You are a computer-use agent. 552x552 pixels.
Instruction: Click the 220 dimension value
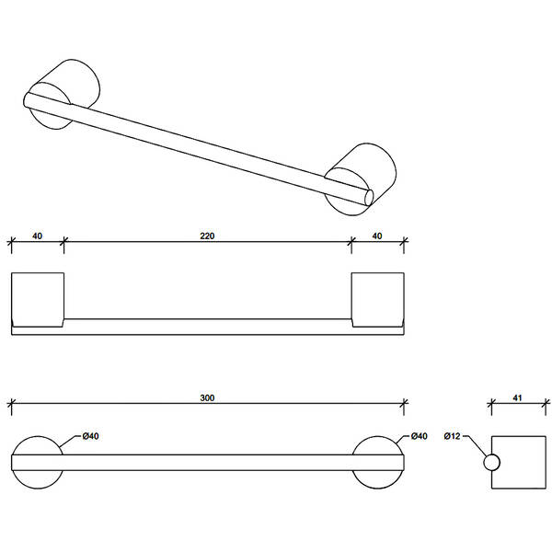click(x=207, y=236)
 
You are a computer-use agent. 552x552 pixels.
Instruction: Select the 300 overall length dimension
click(x=207, y=397)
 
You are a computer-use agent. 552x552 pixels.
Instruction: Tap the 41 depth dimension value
click(x=517, y=397)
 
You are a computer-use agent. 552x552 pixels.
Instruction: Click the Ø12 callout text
click(x=452, y=436)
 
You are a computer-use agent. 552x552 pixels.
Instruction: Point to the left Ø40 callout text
click(x=90, y=436)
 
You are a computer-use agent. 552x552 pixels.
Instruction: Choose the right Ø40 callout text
click(x=419, y=436)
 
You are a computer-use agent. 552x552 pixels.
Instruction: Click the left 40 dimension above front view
click(x=38, y=236)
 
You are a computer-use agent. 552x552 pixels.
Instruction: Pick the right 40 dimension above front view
click(x=377, y=236)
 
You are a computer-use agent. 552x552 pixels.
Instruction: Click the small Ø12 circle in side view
click(x=492, y=462)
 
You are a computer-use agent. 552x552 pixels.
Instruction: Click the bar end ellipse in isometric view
click(x=369, y=198)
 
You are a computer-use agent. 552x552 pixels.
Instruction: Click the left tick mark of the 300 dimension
click(x=11, y=404)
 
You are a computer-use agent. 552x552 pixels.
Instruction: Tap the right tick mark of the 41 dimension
click(x=546, y=404)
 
